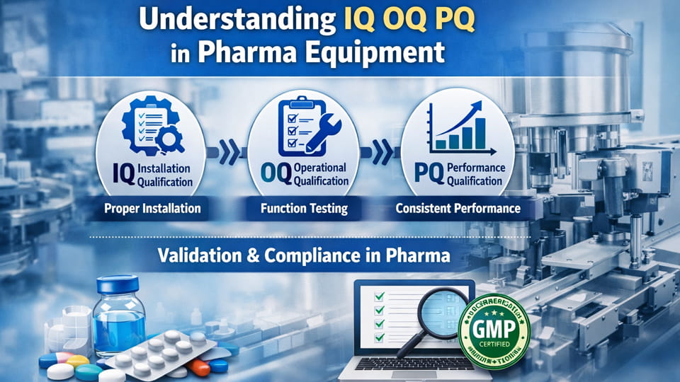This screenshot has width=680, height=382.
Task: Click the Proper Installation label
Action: tap(152, 209)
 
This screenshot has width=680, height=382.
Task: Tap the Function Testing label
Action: tap(304, 209)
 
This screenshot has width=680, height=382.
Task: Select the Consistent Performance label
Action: tap(458, 209)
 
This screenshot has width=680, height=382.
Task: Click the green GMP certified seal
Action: tap(494, 329)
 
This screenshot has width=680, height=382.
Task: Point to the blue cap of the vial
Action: tap(118, 285)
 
